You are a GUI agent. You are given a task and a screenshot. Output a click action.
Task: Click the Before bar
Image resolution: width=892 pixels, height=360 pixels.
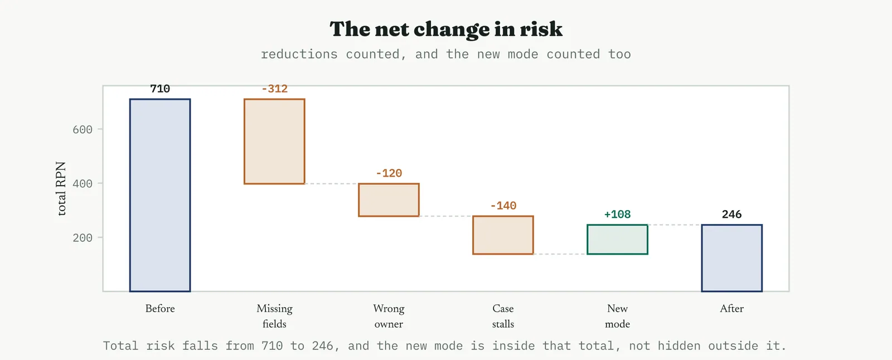pyautogui.click(x=160, y=195)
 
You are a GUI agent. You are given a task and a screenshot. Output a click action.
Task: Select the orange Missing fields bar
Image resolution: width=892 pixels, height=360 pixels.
pyautogui.click(x=274, y=142)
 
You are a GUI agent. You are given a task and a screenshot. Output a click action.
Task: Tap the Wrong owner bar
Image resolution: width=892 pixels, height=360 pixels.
pyautogui.click(x=389, y=200)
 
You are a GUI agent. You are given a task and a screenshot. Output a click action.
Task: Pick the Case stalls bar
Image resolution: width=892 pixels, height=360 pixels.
pyautogui.click(x=503, y=235)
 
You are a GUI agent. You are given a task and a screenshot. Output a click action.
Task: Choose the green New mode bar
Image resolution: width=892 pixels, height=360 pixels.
pyautogui.click(x=617, y=239)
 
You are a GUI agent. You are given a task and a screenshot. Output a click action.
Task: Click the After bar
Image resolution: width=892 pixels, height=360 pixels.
pyautogui.click(x=731, y=258)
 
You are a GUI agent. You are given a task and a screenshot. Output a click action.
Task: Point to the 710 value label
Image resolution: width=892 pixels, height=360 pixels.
pyautogui.click(x=160, y=89)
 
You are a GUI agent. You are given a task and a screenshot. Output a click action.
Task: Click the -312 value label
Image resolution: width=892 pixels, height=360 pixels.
pyautogui.click(x=274, y=89)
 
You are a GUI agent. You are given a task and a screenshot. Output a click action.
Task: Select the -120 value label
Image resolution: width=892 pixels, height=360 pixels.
pyautogui.click(x=389, y=173)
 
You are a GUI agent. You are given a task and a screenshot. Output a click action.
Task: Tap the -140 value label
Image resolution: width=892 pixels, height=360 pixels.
pyautogui.click(x=503, y=206)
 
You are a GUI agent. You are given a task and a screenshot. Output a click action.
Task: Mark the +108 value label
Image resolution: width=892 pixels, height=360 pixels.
pyautogui.click(x=617, y=214)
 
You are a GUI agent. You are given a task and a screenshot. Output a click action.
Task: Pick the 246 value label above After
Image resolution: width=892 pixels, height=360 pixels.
pyautogui.click(x=731, y=214)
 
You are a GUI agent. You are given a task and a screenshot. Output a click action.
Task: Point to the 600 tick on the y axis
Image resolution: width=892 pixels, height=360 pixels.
pyautogui.click(x=83, y=129)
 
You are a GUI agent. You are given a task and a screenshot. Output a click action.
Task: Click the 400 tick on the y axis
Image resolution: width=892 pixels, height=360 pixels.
pyautogui.click(x=83, y=183)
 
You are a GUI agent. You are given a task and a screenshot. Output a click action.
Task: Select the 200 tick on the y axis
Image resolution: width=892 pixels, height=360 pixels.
pyautogui.click(x=83, y=238)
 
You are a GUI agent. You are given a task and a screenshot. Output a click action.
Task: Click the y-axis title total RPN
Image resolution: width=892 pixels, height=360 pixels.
pyautogui.click(x=61, y=188)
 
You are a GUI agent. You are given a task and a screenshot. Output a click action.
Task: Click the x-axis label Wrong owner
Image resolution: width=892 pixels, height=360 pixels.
pyautogui.click(x=389, y=316)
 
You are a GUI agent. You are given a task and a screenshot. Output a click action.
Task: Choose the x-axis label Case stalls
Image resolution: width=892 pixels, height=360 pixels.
pyautogui.click(x=503, y=316)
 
